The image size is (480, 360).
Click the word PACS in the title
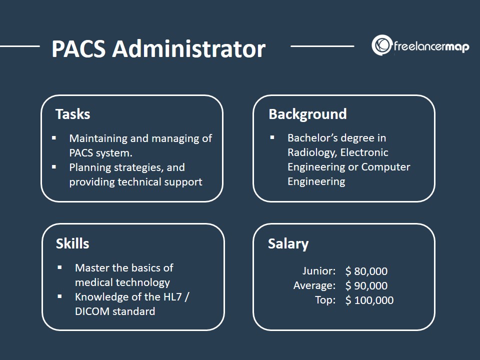coord(78,48)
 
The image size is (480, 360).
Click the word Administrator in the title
coord(189,48)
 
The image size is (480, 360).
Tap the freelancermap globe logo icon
coord(381,45)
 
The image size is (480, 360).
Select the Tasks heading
coord(73,114)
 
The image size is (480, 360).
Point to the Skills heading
coord(72,243)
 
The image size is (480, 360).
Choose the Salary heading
coord(288,244)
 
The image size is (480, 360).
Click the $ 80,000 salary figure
coord(366,271)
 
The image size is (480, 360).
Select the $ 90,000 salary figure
coord(366,285)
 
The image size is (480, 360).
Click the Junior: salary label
coord(319,271)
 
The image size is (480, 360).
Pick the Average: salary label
coord(314,285)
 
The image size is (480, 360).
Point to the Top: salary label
coord(325,300)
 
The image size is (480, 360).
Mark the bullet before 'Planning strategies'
coord(54,167)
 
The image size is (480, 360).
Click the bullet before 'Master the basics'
coord(59,267)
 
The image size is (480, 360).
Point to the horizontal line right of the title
coord(322,46)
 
